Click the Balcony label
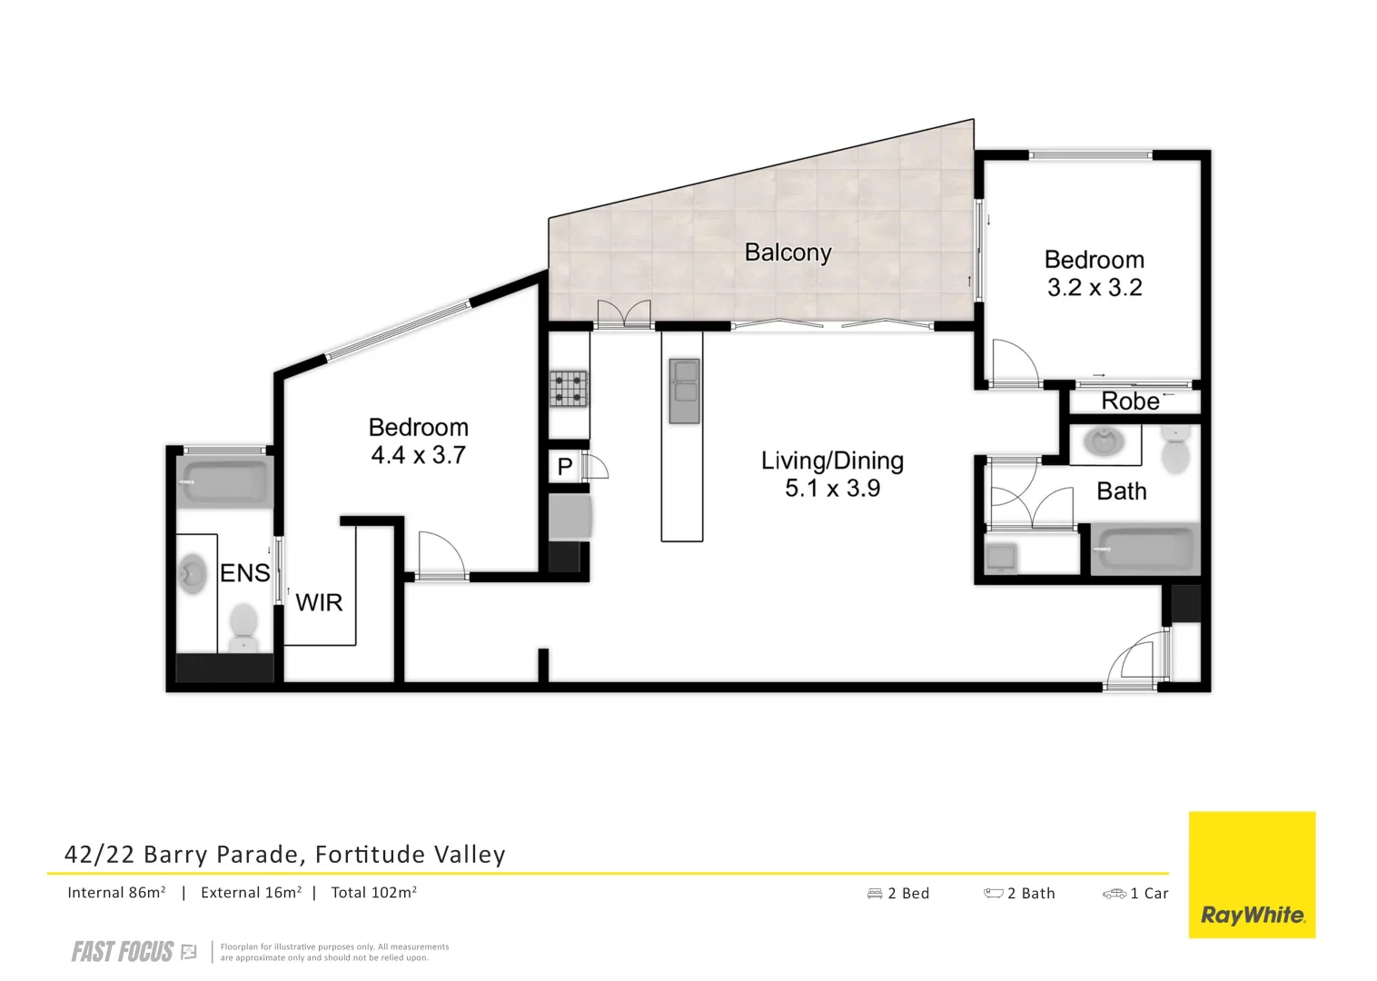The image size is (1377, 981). coord(788,253)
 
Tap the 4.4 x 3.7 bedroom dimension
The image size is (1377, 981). coord(418,455)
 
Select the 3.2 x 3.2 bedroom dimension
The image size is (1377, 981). coord(1094,288)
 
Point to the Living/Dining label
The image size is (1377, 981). coord(832,461)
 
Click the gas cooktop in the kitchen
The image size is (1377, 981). coord(569,389)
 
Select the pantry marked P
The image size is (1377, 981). coord(565,467)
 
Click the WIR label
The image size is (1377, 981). coord(319,602)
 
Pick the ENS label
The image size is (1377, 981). coord(245,573)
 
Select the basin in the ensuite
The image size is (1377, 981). coord(193,574)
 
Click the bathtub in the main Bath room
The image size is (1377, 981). coord(1144,549)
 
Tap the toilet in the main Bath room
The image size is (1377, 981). coord(1174,451)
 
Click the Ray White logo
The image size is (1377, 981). coord(1252,875)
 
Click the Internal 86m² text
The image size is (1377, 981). coord(116,893)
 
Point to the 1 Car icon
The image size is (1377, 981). coord(1114,894)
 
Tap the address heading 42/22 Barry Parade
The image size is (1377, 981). coord(284,855)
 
